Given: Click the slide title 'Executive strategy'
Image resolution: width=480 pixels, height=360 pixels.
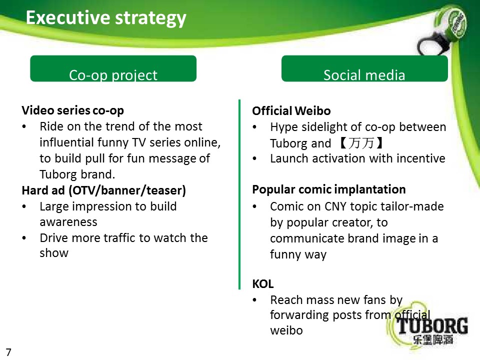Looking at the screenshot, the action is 106,18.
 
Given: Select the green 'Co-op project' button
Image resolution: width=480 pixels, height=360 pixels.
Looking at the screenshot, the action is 113,68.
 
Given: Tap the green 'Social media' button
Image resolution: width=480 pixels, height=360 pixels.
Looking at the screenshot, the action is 364,68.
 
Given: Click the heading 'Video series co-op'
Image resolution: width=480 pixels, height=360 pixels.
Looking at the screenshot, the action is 73,110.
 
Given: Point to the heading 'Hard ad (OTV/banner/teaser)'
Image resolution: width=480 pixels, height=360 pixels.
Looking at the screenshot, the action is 104,190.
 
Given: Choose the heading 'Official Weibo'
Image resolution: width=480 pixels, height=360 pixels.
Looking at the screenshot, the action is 291,111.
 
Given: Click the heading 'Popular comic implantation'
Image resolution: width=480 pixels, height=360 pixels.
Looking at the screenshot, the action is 329,189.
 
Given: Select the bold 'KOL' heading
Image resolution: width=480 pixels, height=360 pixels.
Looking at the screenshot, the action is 263,284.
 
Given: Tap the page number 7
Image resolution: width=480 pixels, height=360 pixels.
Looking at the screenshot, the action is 8,352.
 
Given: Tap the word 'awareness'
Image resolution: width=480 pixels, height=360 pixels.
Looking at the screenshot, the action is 68,222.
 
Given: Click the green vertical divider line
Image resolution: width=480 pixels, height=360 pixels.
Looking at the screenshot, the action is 239,194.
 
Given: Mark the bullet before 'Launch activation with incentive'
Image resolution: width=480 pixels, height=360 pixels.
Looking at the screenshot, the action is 254,159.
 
